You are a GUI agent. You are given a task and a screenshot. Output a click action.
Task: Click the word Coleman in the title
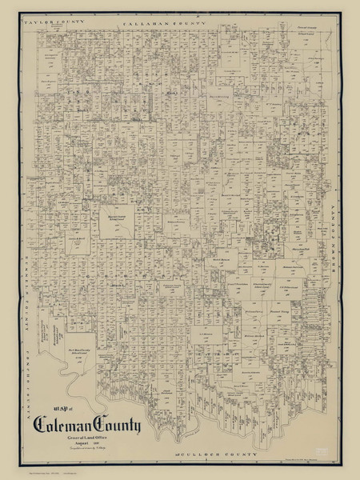(x=63, y=422)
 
